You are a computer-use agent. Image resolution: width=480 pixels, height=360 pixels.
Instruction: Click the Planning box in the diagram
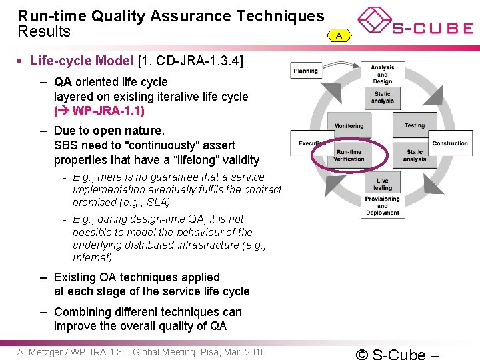pyautogui.click(x=306, y=71)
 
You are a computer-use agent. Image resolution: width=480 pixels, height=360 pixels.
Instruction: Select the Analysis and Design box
pyautogui.click(x=383, y=74)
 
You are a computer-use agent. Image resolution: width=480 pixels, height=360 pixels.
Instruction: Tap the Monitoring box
pyautogui.click(x=349, y=126)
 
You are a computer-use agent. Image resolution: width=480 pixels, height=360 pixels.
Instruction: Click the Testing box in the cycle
pyautogui.click(x=414, y=125)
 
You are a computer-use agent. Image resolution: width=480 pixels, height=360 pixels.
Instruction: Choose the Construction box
pyautogui.click(x=450, y=143)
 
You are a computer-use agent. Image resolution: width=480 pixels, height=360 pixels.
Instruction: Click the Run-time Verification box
pyautogui.click(x=349, y=155)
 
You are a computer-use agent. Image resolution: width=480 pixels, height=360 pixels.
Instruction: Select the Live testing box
pyautogui.click(x=383, y=184)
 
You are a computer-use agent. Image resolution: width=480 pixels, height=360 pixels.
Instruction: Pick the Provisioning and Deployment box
pyautogui.click(x=383, y=206)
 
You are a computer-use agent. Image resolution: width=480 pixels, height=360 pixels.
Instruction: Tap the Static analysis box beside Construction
pyautogui.click(x=414, y=155)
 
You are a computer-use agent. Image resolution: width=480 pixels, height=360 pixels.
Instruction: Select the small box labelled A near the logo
pyautogui.click(x=339, y=35)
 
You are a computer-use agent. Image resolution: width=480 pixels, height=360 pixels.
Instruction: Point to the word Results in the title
pyautogui.click(x=44, y=32)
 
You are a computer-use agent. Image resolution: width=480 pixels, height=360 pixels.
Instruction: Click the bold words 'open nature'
pyautogui.click(x=127, y=131)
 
